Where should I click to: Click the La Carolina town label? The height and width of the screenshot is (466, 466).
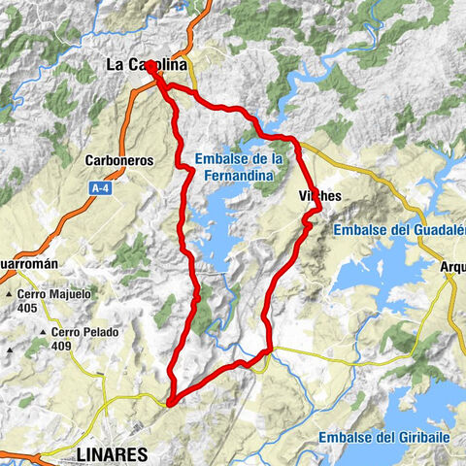145,66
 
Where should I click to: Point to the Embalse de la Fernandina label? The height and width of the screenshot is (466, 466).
237,166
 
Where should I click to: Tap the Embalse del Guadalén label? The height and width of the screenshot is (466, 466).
399,230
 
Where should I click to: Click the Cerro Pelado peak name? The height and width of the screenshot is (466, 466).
73,331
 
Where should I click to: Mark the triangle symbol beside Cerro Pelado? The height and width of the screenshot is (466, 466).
29,331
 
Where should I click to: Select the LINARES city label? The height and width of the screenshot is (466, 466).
111,453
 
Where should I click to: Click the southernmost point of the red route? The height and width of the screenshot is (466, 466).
169,401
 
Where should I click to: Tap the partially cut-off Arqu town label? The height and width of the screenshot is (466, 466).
452,263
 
